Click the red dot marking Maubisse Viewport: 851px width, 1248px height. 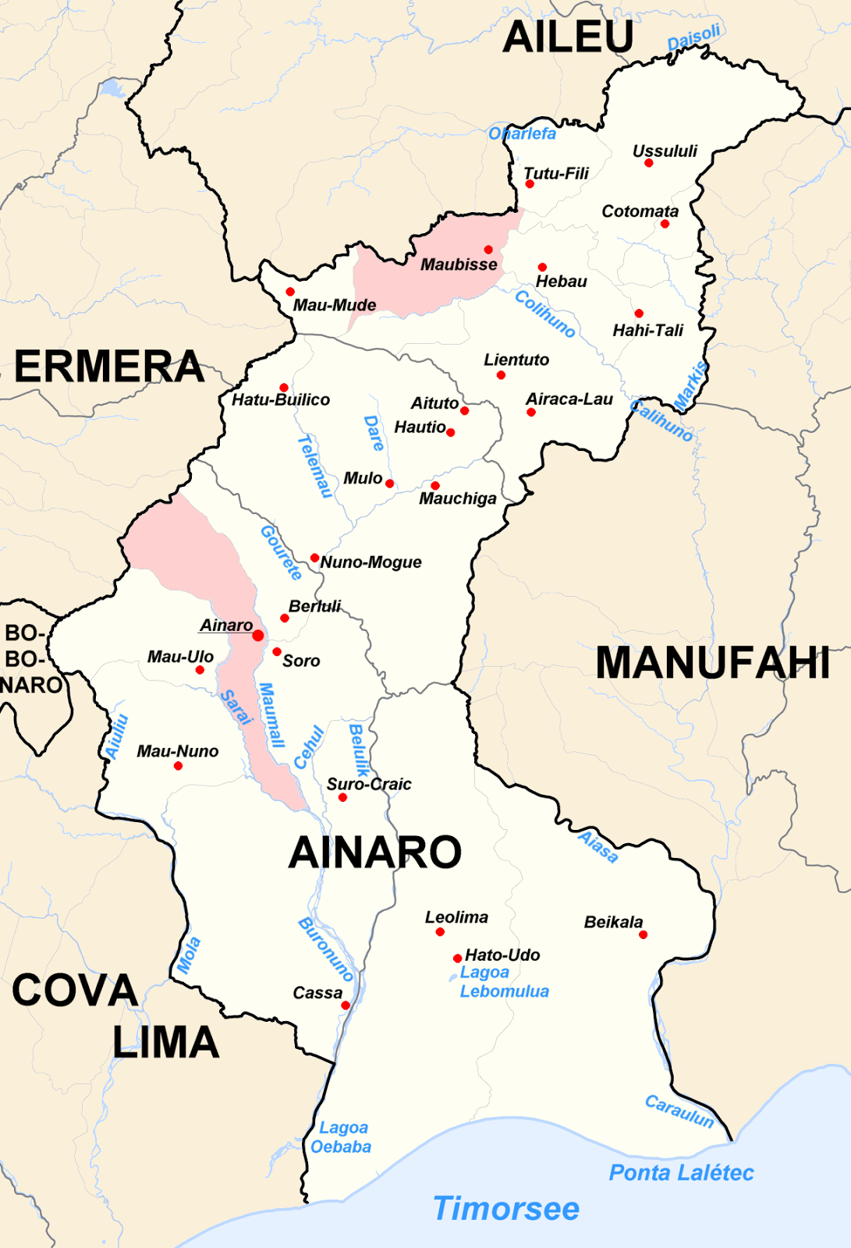488,250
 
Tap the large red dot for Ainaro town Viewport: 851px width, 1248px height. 258,636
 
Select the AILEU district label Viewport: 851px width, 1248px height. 568,37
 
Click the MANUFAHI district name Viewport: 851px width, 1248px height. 712,664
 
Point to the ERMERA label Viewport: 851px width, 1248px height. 109,367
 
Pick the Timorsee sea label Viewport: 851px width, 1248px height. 506,1208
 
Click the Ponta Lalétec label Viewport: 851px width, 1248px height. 681,1172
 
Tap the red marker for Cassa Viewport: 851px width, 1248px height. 346,1005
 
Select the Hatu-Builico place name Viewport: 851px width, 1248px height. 281,400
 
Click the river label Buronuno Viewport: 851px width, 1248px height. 326,949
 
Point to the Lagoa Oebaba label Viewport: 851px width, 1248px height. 341,1137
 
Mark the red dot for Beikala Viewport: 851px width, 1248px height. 643,934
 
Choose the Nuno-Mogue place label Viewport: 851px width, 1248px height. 371,562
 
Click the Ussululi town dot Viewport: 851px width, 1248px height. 648,163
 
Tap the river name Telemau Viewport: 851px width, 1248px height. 315,466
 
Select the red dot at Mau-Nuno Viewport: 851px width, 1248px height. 178,766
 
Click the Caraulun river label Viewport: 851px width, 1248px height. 679,1111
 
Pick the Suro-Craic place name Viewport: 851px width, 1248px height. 369,784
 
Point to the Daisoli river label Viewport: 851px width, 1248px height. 693,37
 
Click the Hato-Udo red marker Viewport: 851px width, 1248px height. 457,958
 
